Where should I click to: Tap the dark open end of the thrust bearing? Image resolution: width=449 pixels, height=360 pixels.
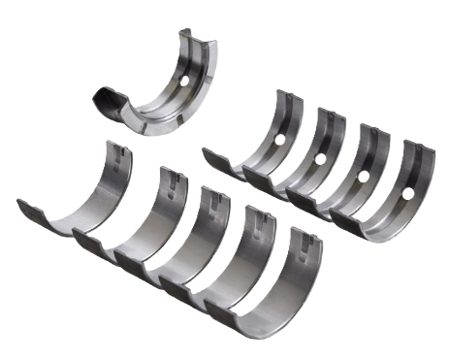click(x=105, y=99)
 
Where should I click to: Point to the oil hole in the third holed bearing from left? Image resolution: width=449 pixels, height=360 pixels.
click(x=364, y=177)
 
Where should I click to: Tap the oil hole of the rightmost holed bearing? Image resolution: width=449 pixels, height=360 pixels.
click(x=408, y=194)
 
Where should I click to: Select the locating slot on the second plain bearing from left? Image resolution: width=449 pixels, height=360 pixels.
click(x=166, y=174)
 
